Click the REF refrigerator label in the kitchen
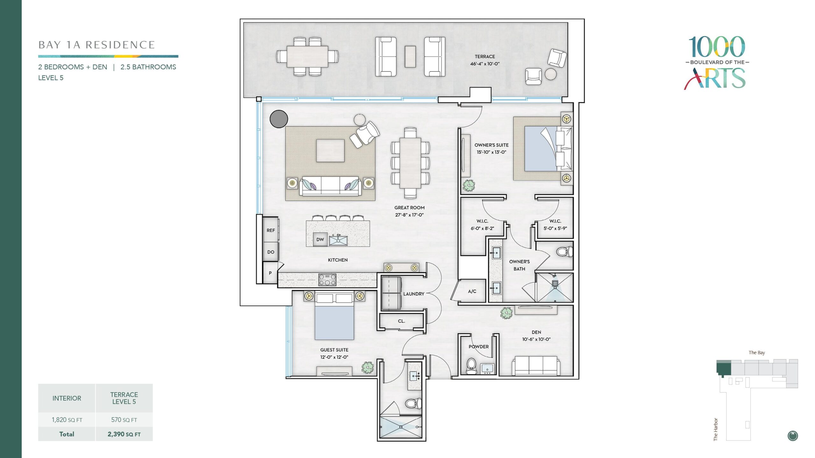[x=271, y=230]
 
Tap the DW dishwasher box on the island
[x=320, y=239]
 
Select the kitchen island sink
[x=338, y=240]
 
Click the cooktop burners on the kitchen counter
[x=327, y=280]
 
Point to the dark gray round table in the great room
[x=279, y=119]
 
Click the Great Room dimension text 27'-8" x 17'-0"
[x=409, y=215]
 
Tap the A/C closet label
[x=472, y=291]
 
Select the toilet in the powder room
[x=471, y=366]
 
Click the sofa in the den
[x=536, y=366]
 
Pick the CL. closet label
[x=401, y=321]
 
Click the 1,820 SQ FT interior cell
[x=67, y=420]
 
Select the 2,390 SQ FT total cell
[x=124, y=434]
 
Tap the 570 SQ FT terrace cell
[x=124, y=420]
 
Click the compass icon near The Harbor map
[x=793, y=436]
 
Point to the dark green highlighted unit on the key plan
[x=724, y=368]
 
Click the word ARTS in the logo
[x=715, y=78]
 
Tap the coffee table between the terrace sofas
[x=410, y=57]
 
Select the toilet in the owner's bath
[x=564, y=252]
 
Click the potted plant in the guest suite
[x=368, y=368]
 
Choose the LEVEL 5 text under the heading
[x=51, y=78]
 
